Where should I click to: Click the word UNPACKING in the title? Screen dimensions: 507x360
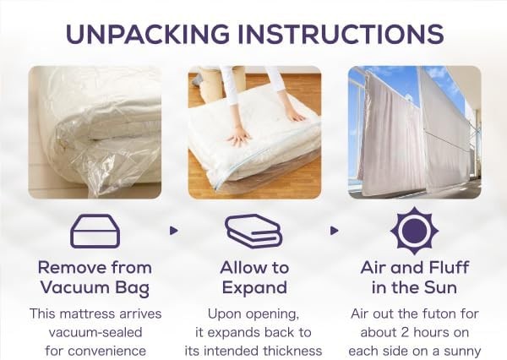pos(148,34)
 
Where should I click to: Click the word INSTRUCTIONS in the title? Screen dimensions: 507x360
pos(341,34)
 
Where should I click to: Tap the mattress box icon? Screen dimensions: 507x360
pos(95,231)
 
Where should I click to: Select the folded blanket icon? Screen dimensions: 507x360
pos(253,231)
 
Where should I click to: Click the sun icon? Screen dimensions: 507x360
pos(414,231)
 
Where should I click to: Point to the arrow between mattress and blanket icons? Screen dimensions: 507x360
pos(174,231)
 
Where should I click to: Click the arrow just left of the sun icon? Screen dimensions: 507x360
pos(335,231)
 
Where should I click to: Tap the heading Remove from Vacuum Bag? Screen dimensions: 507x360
pos(95,278)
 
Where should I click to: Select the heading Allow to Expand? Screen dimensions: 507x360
pos(254,278)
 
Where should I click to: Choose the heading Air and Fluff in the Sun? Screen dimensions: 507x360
pos(415,278)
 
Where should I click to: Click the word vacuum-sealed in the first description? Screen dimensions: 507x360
pos(95,332)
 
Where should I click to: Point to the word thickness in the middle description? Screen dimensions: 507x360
pos(292,351)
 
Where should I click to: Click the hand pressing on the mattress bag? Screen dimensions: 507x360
pos(239,137)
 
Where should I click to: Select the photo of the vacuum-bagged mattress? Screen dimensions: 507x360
pos(95,133)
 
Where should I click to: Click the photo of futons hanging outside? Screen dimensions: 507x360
pos(415,133)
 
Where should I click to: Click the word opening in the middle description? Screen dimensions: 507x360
pos(275,314)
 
